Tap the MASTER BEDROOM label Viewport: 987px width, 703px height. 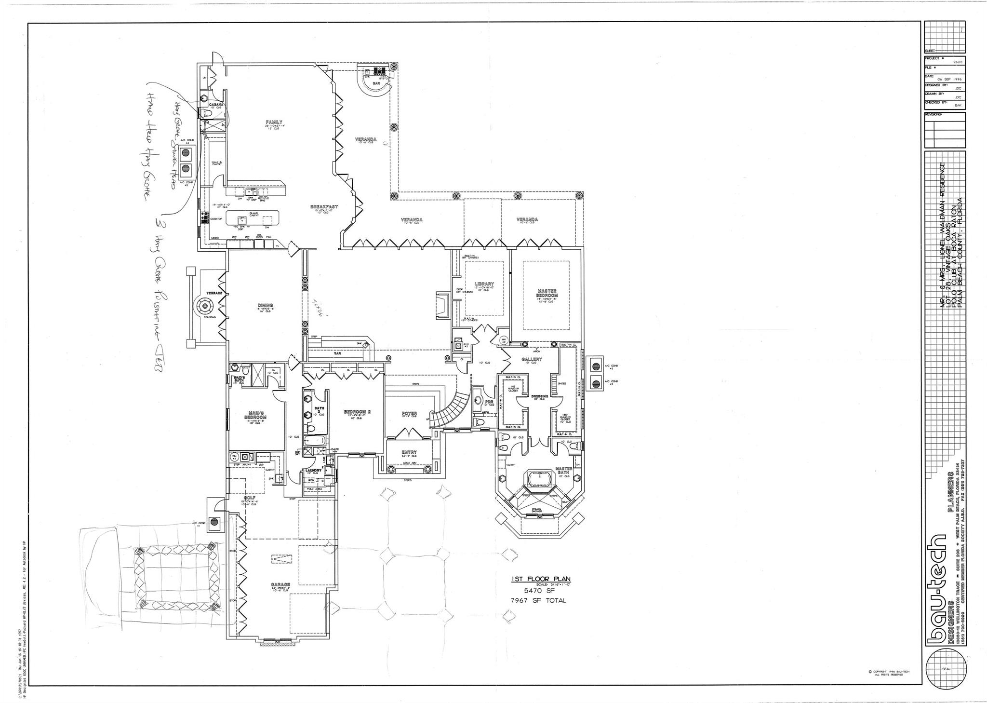[x=547, y=293]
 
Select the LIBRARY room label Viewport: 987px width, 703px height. [x=484, y=284]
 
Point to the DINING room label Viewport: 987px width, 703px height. [x=265, y=305]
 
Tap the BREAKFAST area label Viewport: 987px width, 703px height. [x=324, y=206]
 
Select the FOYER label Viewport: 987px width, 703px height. [x=409, y=413]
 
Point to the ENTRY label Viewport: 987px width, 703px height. [x=409, y=452]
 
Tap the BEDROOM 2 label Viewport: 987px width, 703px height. [x=357, y=411]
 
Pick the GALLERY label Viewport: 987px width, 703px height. [x=532, y=359]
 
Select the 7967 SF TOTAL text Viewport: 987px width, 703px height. [x=539, y=600]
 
